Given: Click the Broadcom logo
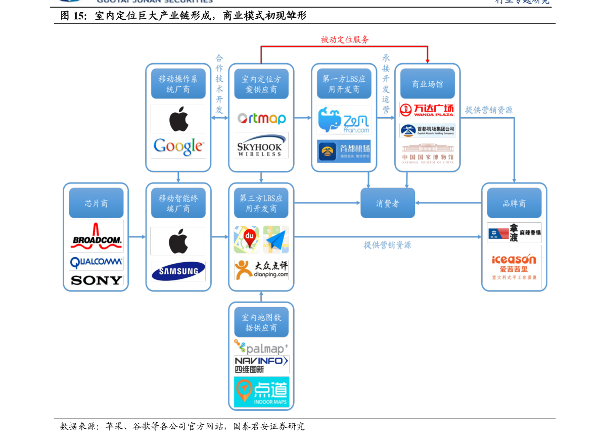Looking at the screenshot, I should click(96, 236).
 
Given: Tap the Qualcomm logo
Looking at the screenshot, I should click(96, 263).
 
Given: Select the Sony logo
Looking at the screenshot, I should click(96, 280).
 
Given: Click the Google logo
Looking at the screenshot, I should click(178, 146).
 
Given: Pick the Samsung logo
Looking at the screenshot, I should click(178, 271).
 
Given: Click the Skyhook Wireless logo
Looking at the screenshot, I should click(261, 145).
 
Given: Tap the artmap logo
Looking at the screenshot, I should click(261, 119).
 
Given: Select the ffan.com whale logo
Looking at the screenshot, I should click(344, 120).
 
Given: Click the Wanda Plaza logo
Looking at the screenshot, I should click(427, 110).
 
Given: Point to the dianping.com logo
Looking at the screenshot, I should click(261, 270).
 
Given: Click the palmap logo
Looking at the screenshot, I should click(261, 347).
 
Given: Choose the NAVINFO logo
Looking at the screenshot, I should click(261, 364).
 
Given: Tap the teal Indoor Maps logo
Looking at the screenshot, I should click(261, 392).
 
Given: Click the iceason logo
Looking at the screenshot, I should click(514, 267).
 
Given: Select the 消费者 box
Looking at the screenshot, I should click(388, 203).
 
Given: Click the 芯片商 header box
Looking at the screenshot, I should click(96, 203).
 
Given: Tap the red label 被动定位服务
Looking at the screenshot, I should click(345, 39).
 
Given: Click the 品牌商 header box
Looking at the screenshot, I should click(514, 203).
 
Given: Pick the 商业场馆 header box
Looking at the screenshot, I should click(427, 84).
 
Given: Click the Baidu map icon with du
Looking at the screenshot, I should click(247, 239).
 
